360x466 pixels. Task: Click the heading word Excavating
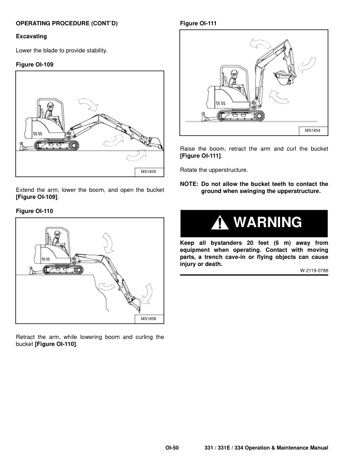pos(31,36)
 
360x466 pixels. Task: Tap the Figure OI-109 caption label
pos(35,65)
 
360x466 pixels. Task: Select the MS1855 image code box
pos(148,172)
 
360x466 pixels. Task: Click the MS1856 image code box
pos(148,319)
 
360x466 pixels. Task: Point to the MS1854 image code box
pos(313,131)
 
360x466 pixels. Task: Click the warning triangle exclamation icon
pos(220,223)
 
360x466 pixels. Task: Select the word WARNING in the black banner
pos(267,222)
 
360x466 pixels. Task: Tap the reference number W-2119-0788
pos(314,271)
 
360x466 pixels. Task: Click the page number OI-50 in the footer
pos(172,448)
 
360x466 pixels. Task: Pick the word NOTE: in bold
pos(189,184)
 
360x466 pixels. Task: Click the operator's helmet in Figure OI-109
pos(51,105)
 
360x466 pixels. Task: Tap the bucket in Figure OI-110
pos(134,305)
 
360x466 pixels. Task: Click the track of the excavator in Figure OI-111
pos(241,115)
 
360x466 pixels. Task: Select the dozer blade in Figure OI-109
pos(22,147)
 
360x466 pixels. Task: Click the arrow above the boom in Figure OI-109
pos(88,104)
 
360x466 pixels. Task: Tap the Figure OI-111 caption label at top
pos(198,24)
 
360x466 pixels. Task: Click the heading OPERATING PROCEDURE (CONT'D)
pos(67,24)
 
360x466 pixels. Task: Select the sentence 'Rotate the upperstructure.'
pos(214,170)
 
